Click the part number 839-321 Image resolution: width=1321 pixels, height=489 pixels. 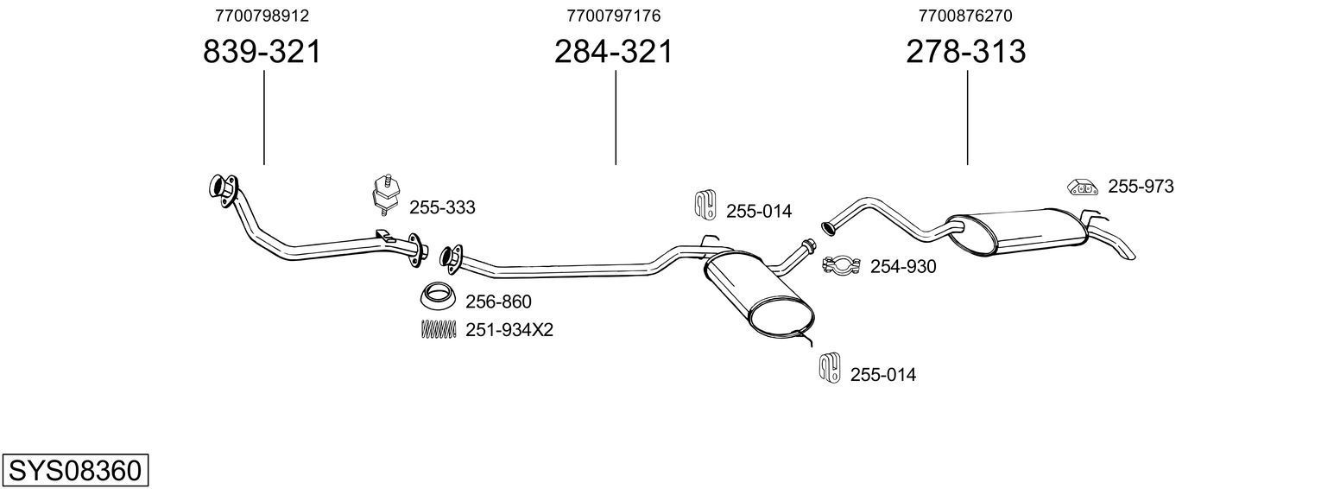click(x=262, y=53)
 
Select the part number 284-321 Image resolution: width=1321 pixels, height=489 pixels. click(x=613, y=53)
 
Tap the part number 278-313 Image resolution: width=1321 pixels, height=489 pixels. click(x=965, y=53)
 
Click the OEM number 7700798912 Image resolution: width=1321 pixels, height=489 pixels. click(x=262, y=16)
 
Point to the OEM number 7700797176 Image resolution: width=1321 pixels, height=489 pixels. click(x=614, y=16)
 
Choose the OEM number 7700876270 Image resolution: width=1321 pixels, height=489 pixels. click(x=965, y=16)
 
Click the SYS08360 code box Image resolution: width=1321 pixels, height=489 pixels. click(x=74, y=471)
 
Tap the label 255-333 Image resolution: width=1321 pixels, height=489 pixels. click(x=442, y=207)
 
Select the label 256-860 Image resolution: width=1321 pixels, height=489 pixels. click(x=498, y=302)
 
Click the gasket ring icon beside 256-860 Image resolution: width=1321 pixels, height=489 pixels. click(x=438, y=296)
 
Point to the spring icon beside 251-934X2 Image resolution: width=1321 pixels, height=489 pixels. click(x=438, y=329)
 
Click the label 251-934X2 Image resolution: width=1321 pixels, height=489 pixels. click(x=509, y=330)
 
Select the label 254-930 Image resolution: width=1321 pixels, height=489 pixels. click(x=902, y=267)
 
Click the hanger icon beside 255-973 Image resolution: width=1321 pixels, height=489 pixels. click(x=1081, y=187)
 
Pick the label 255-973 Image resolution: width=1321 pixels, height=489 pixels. click(x=1141, y=186)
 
